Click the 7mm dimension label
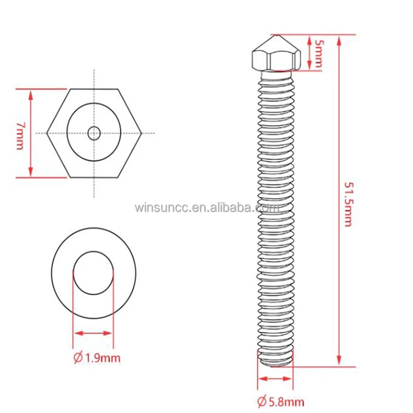point(20,136)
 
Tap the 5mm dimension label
point(319,53)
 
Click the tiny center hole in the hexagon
point(94,134)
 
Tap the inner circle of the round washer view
point(93,273)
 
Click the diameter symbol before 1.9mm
point(78,357)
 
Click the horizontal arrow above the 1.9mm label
point(93,333)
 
